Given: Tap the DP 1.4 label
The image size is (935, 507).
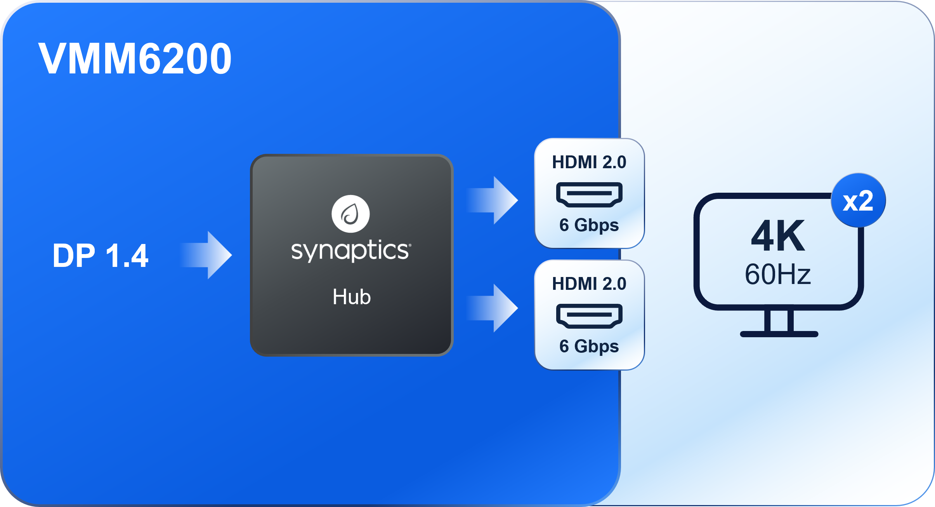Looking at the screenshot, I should point(101,256).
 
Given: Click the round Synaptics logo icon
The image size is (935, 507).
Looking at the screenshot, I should point(350,214).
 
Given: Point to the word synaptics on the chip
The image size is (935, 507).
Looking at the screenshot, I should point(349,251).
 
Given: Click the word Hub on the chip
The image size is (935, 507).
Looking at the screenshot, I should point(352,297).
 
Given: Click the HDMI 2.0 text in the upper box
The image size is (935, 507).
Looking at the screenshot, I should point(589,162).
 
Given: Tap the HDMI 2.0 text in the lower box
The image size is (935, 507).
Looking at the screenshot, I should point(589,284).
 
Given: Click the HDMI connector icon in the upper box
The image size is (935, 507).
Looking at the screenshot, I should point(589,194).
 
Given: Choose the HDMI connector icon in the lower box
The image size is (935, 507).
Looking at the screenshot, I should point(589,315).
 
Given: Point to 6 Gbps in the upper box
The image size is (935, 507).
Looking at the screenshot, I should point(589,225).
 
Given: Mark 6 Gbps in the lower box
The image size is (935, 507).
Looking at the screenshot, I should point(589,347).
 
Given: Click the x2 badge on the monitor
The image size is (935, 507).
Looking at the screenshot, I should point(858,201).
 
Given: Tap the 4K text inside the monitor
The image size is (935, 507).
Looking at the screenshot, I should point(778,236).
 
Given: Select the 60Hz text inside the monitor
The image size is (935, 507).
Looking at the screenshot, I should point(778,274).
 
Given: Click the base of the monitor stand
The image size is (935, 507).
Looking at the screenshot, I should point(779,334).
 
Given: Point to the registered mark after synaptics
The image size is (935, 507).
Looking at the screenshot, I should point(410,245).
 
